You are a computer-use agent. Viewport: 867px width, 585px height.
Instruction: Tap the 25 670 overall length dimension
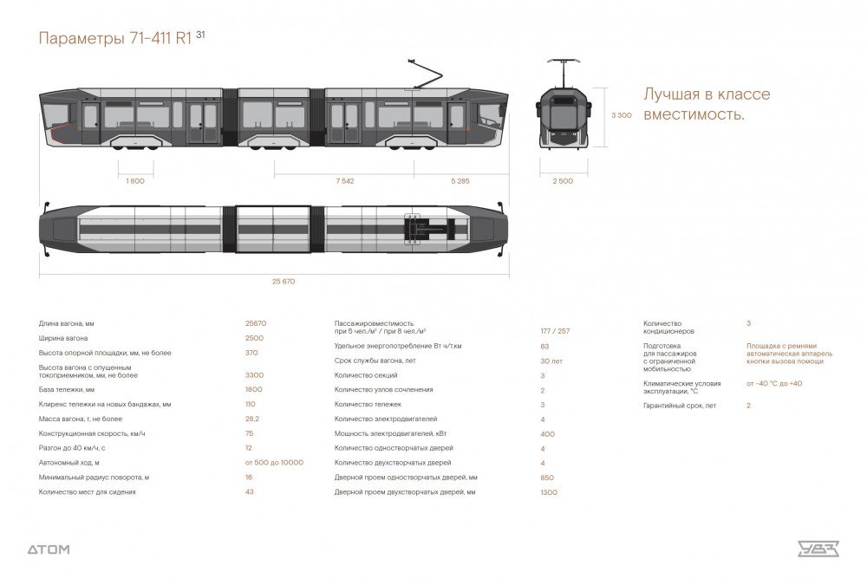pos(271,281)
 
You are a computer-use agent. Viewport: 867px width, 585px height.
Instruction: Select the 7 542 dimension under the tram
pos(344,181)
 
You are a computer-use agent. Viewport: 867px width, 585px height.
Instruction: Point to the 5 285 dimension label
pos(460,181)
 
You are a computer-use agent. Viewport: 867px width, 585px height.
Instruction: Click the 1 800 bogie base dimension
pos(135,181)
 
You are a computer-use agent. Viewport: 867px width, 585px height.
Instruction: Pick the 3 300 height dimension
pos(622,115)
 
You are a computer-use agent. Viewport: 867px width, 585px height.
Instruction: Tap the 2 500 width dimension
pos(563,181)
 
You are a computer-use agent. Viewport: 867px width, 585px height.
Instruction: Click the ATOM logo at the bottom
pos(49,549)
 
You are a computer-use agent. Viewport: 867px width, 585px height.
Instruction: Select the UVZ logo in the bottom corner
pos(818,548)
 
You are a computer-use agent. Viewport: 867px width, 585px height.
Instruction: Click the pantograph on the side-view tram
pos(425,74)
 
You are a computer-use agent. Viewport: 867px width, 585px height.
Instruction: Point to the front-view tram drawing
pos(563,113)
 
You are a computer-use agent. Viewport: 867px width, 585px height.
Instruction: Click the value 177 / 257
pos(555,331)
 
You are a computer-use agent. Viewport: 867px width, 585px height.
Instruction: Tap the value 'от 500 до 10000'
pos(274,462)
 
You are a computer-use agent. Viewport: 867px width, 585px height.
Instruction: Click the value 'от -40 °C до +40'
pos(773,383)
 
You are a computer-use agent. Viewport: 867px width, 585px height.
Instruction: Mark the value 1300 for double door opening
pos(549,491)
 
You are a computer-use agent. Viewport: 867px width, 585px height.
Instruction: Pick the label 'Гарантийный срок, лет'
pos(680,405)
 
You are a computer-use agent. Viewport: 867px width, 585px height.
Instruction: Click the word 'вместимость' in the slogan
pos(694,114)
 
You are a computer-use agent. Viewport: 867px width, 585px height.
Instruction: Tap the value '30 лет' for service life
pos(551,361)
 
